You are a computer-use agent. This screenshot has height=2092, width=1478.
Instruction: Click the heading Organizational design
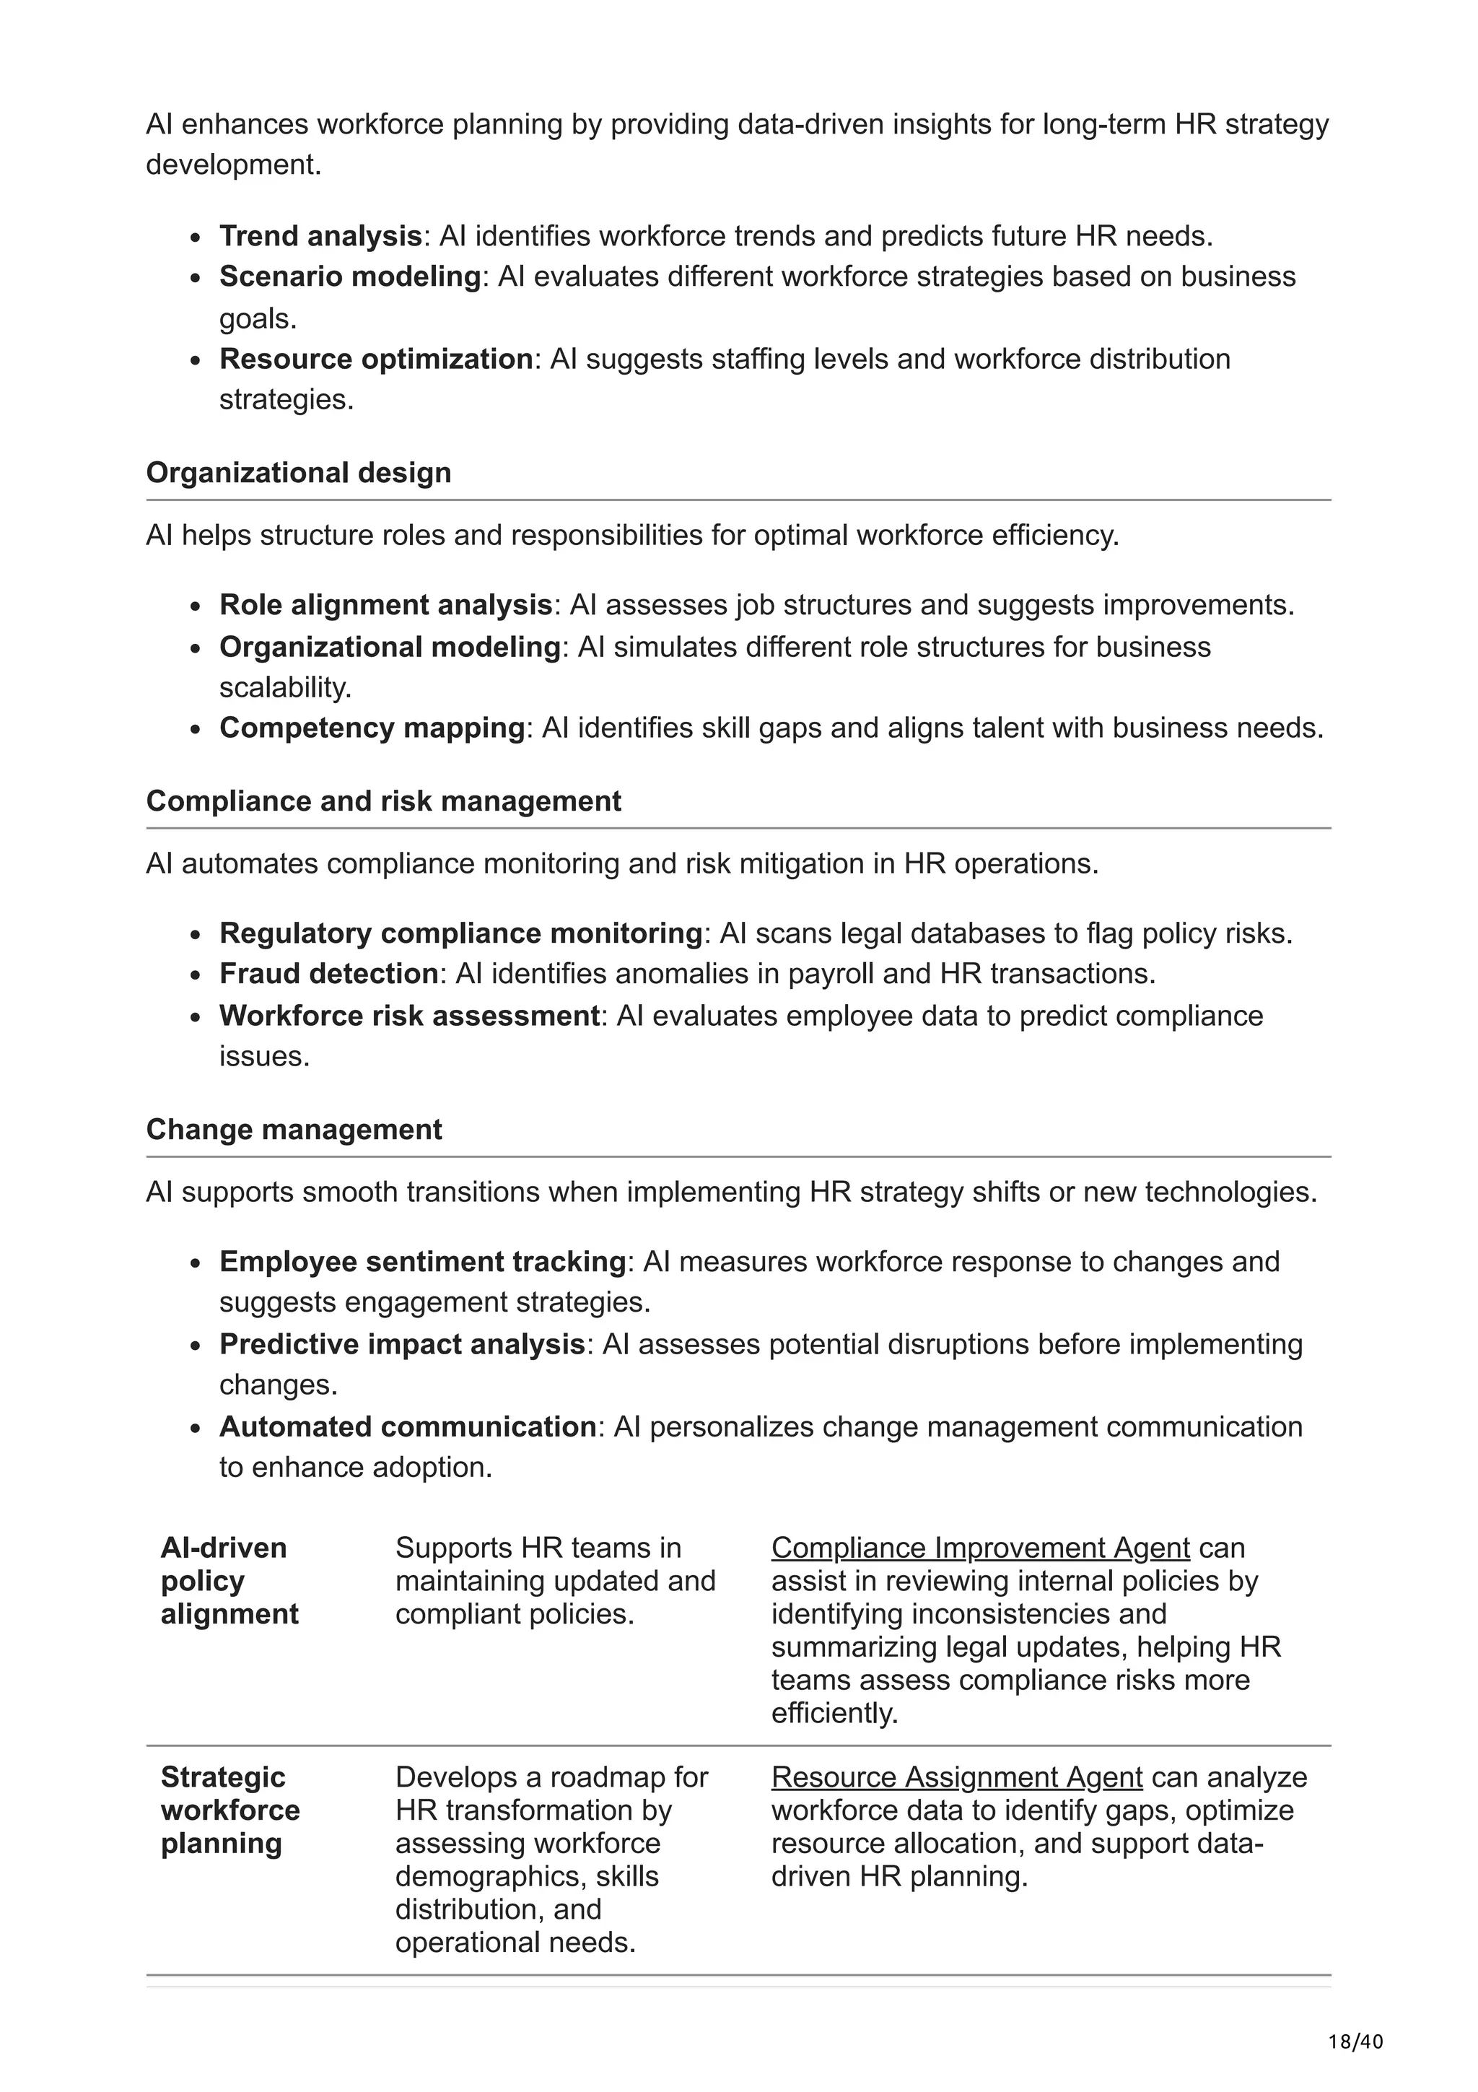coord(298,473)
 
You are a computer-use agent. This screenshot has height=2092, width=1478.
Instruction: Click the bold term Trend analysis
coord(320,236)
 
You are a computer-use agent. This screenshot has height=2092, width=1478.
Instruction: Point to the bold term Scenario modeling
coord(350,276)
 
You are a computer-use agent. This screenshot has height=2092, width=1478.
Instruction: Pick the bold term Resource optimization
coord(375,359)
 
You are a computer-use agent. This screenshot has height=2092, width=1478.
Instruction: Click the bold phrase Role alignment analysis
coord(385,605)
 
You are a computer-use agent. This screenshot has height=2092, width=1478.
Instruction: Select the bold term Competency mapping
coord(372,728)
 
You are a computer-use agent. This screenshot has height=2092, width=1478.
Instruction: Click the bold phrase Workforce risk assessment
coord(409,1016)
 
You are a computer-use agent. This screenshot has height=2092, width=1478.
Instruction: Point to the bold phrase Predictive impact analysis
coord(401,1344)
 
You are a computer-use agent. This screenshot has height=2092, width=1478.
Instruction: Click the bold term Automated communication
coord(407,1427)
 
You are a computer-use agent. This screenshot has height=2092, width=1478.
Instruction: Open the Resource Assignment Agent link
coord(956,1778)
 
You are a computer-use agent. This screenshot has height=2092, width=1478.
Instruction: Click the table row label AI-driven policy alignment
coord(229,1581)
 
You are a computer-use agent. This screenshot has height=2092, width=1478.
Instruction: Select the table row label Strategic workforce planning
coord(229,1810)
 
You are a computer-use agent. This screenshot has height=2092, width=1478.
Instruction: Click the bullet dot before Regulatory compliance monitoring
coord(195,936)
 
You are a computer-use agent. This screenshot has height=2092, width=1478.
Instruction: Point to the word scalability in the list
coord(284,687)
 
